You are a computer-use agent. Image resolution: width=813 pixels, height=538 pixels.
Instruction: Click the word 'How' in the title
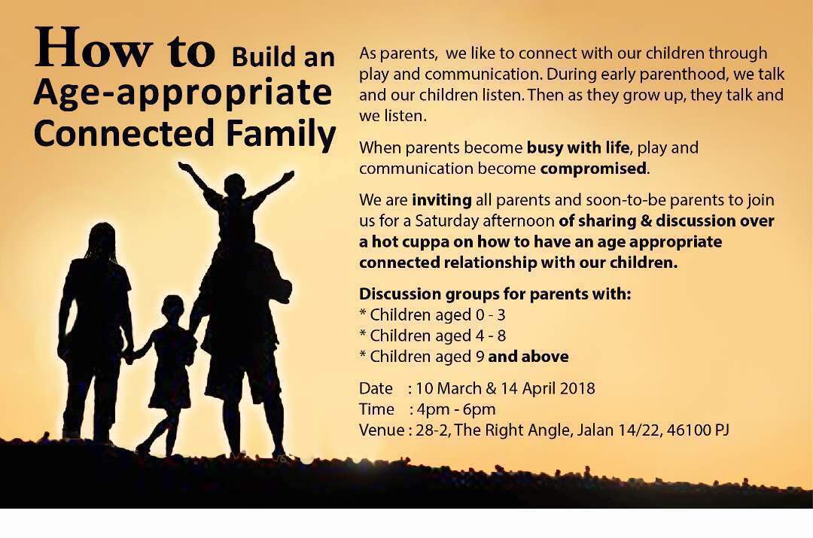(x=93, y=48)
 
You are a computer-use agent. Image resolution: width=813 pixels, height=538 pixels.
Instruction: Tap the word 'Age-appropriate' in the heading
(x=182, y=94)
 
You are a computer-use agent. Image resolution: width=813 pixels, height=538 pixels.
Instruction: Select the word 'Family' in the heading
(x=281, y=134)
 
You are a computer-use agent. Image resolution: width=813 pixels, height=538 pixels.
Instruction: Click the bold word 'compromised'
(x=593, y=169)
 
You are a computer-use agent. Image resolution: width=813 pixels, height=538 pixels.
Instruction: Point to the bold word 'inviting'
(x=442, y=201)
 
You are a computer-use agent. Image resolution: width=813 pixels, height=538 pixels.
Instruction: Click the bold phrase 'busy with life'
(x=578, y=148)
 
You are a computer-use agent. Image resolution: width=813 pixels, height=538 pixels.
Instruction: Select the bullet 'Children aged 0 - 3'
(x=432, y=315)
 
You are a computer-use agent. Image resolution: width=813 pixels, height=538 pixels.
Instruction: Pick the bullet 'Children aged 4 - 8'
(x=432, y=336)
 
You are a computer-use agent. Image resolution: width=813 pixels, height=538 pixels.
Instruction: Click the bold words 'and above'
(x=528, y=357)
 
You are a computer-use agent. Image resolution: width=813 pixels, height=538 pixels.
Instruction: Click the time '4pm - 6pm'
(x=456, y=409)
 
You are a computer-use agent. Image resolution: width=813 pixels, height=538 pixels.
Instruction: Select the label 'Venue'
(x=382, y=430)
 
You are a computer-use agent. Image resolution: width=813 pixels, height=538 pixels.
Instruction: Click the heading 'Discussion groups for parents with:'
(x=495, y=294)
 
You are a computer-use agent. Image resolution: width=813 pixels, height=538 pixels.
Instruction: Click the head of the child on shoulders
(x=235, y=186)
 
